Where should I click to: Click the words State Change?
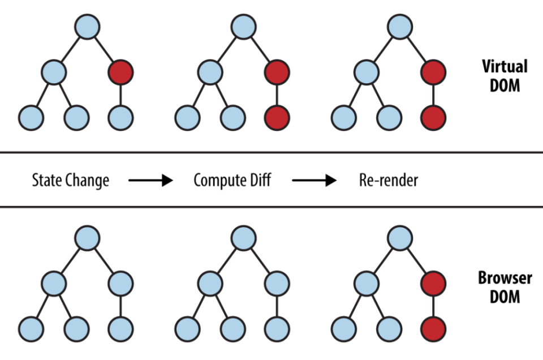pos(70,181)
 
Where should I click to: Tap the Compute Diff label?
pos(232,181)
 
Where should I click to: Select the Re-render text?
pos(389,181)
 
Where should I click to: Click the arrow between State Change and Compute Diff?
pos(150,181)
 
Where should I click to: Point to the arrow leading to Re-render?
pos(314,181)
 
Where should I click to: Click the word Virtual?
pos(505,66)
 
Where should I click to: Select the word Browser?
pos(505,278)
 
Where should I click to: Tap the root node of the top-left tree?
pos(87,27)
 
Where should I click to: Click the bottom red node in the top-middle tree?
pos(277,118)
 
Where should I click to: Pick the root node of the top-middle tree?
pos(243,27)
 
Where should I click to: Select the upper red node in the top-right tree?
pos(433,72)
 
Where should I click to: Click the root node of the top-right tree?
pos(399,27)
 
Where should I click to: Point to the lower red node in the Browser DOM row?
pos(433,328)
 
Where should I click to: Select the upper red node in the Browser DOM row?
pos(433,282)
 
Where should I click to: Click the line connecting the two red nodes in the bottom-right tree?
pos(433,305)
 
